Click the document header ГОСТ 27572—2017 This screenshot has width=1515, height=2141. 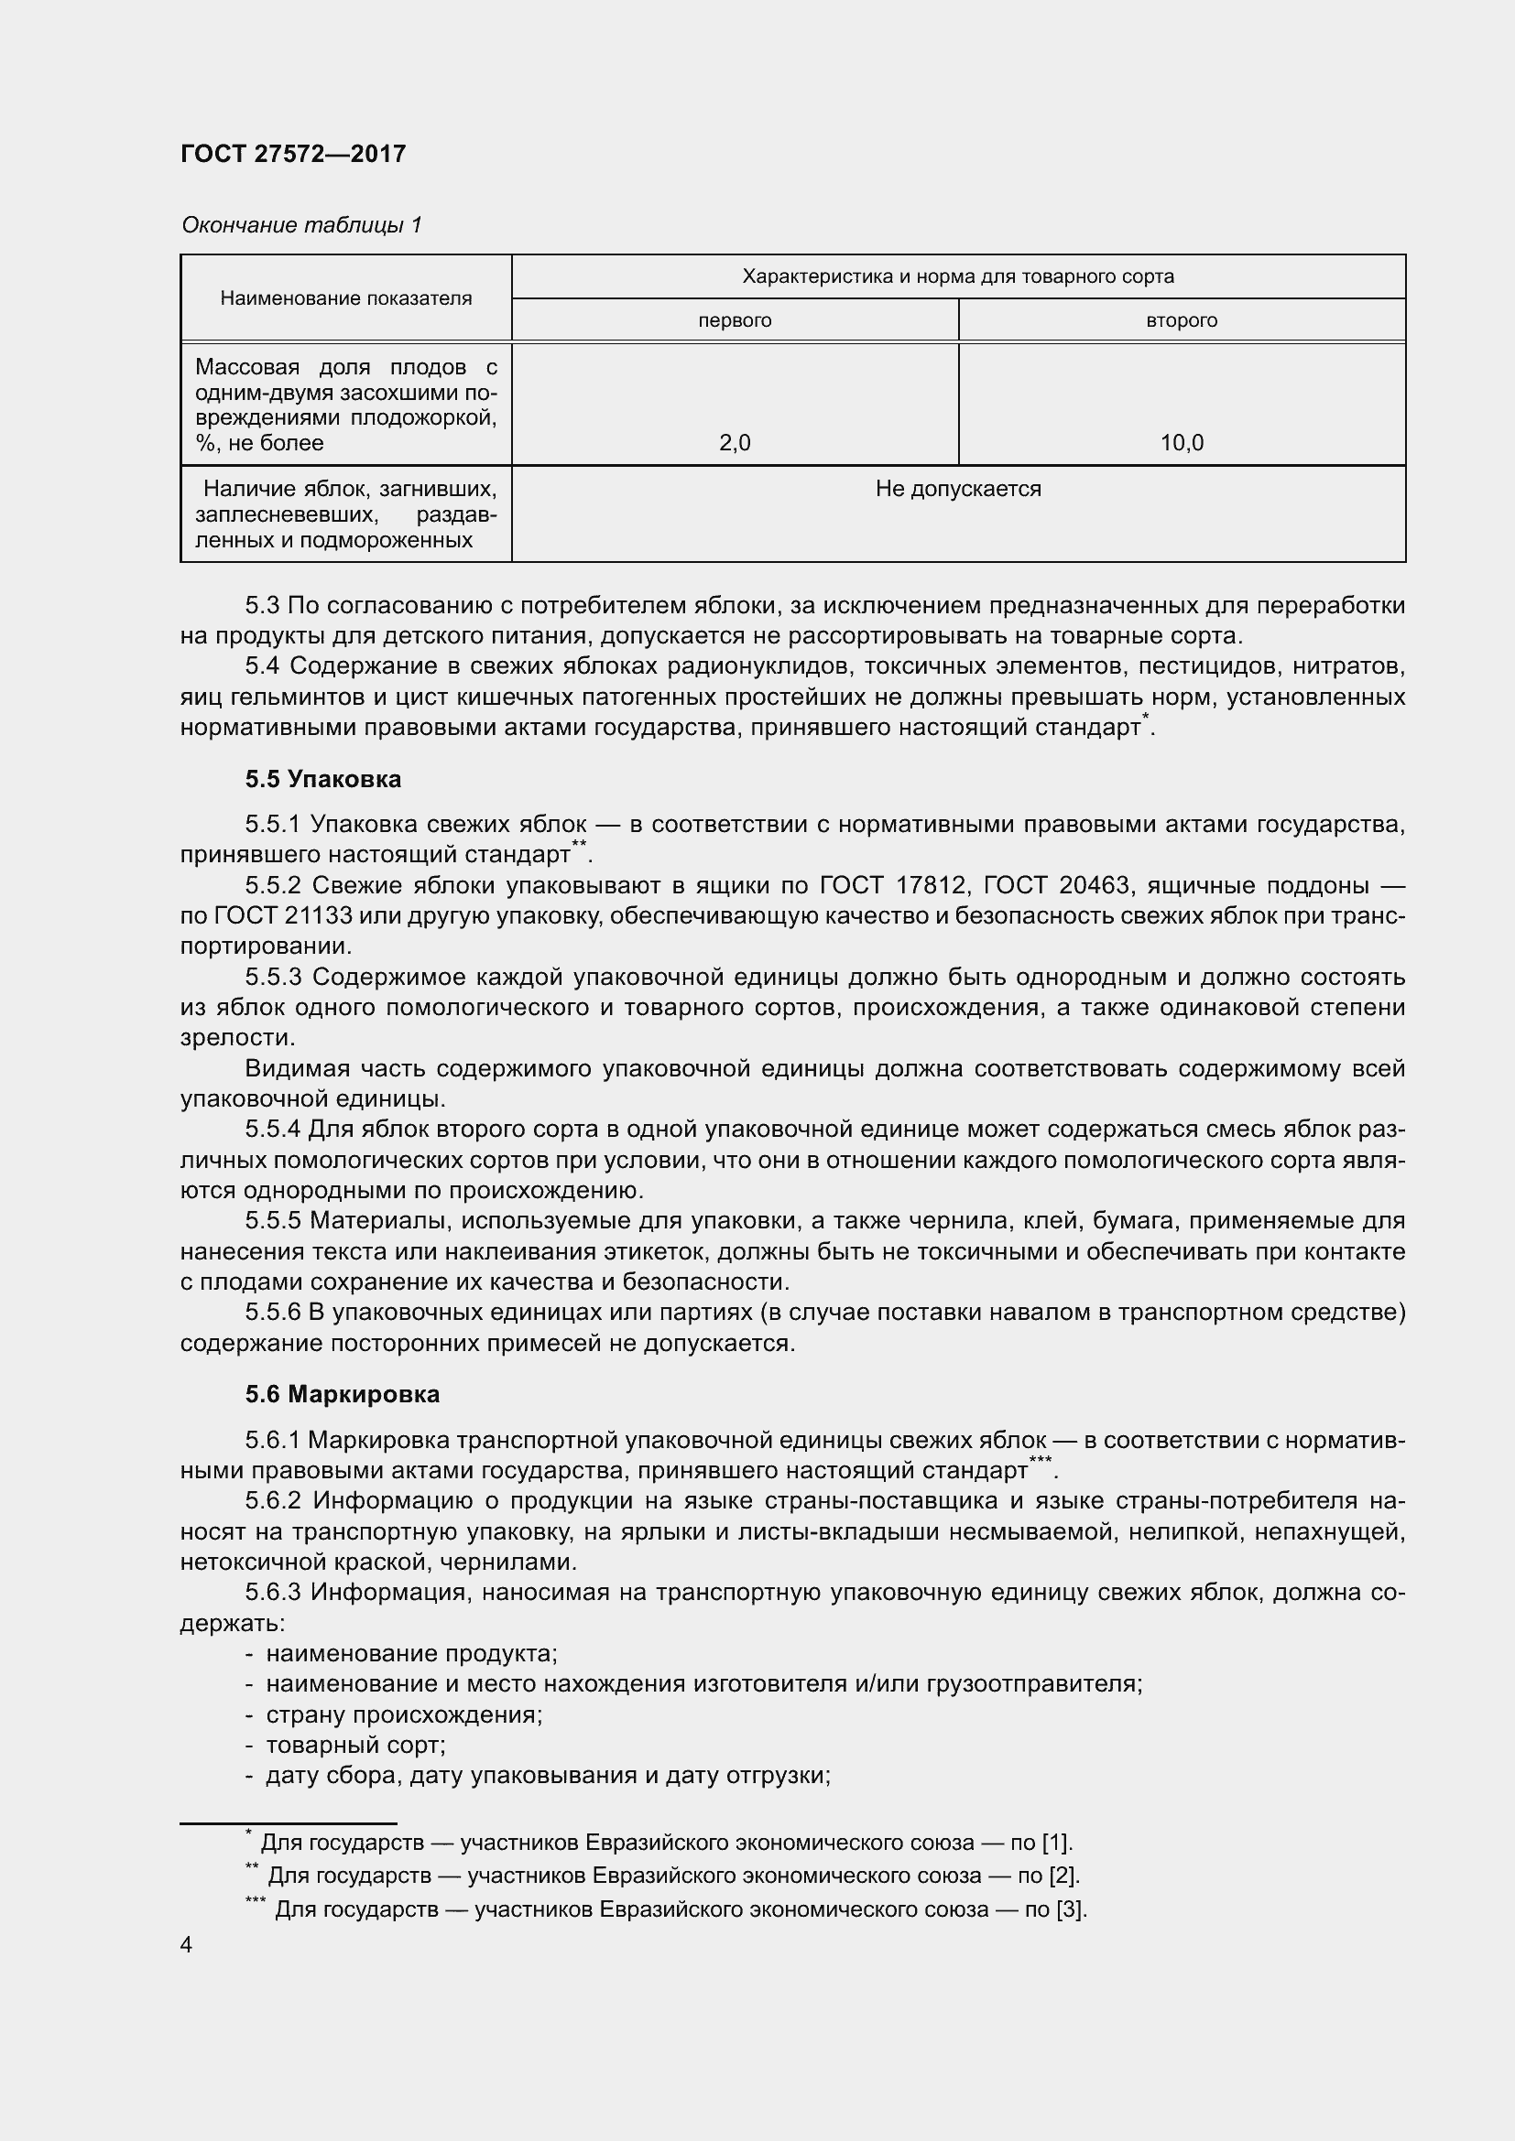coord(293,154)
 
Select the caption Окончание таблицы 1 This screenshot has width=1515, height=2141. coord(301,225)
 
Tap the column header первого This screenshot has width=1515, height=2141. coord(735,320)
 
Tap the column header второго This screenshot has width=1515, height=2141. coord(1181,320)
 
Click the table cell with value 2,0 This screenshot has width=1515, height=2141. coord(735,443)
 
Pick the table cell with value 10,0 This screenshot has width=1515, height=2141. coord(1181,443)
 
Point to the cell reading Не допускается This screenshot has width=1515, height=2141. coord(958,489)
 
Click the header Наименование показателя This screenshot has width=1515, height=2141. coord(346,298)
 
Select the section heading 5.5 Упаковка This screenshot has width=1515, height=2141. coord(322,779)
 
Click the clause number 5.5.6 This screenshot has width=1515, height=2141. coord(272,1312)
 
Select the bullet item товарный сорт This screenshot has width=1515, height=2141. coord(355,1744)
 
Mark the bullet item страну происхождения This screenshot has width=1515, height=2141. coord(404,1714)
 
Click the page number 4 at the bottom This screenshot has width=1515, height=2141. coord(187,1944)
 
